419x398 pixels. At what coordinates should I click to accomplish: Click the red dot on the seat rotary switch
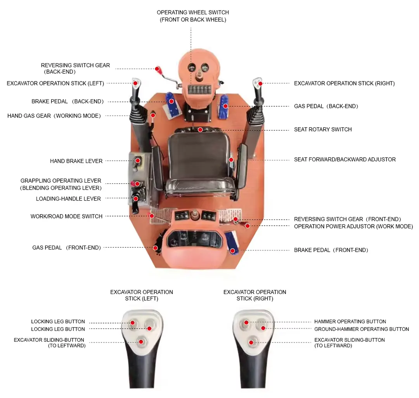(200, 130)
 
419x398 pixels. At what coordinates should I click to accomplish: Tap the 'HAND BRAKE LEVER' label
(76, 161)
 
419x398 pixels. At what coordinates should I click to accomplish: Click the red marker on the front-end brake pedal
(232, 251)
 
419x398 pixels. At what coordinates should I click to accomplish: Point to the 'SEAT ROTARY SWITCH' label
(322, 130)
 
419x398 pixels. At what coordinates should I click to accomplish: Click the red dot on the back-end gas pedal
(225, 106)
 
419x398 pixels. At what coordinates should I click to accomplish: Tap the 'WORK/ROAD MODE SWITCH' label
(66, 216)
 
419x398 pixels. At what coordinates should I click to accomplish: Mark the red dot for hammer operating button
(246, 322)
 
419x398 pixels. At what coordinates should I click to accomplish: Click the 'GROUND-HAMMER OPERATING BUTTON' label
(361, 329)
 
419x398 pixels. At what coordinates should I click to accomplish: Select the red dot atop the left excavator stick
(135, 83)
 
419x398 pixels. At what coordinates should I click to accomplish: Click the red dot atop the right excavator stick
(260, 83)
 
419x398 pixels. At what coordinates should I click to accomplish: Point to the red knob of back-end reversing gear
(157, 69)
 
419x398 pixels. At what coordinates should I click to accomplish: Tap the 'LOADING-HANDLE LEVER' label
(68, 199)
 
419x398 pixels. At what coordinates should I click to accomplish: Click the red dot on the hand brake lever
(137, 161)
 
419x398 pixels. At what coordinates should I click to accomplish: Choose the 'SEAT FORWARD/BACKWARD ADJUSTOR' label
(345, 159)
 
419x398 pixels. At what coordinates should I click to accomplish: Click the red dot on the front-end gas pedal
(155, 248)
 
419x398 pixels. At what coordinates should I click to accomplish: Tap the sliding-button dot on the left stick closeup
(141, 342)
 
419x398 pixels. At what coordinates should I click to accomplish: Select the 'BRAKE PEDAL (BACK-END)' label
(68, 102)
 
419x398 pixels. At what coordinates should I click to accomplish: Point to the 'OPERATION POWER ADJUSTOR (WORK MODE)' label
(353, 227)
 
